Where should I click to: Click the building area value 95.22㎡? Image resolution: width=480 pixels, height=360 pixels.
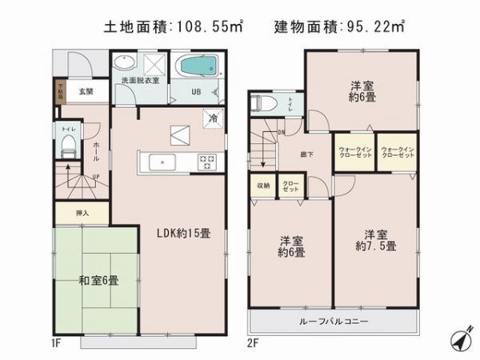[380, 26]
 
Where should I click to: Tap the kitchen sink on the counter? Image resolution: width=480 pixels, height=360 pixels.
[162, 161]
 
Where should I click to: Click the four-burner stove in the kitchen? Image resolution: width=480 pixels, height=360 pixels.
[206, 161]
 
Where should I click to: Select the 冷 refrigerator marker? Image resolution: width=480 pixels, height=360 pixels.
[212, 117]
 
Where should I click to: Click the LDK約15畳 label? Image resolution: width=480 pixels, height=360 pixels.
[184, 234]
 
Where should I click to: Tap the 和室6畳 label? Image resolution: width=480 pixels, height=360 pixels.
[98, 280]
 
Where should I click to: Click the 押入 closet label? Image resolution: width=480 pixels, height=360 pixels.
[82, 213]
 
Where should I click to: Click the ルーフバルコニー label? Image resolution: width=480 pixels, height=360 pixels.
[335, 321]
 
